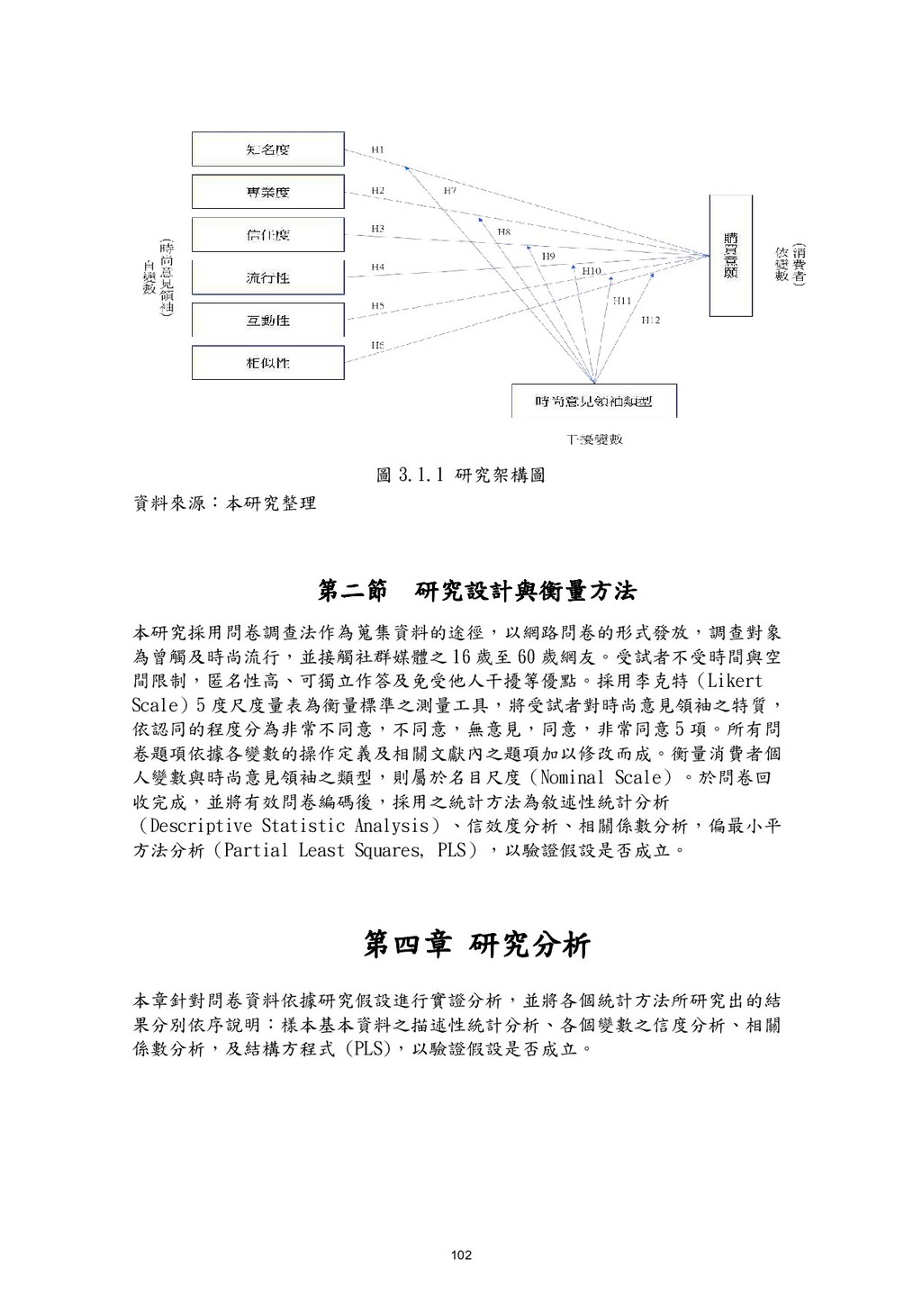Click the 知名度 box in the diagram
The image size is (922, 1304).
268,149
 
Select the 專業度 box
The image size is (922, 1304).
268,192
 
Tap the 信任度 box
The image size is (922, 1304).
268,235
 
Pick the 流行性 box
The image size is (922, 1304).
268,277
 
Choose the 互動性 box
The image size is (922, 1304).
268,321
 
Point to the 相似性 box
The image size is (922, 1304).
268,363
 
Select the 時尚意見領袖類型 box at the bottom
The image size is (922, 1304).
593,402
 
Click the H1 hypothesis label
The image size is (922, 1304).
378,149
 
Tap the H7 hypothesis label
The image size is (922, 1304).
449,191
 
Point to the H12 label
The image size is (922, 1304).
650,319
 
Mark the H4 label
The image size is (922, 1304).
378,267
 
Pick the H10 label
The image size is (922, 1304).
592,270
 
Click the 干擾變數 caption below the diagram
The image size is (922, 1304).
594,440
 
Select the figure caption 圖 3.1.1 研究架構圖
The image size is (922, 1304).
460,475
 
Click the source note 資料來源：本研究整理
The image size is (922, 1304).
224,503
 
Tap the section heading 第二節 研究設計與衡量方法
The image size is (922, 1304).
477,592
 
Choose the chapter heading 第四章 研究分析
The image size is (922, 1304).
477,946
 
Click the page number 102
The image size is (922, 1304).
460,1255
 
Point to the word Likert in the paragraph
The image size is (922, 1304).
730,681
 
